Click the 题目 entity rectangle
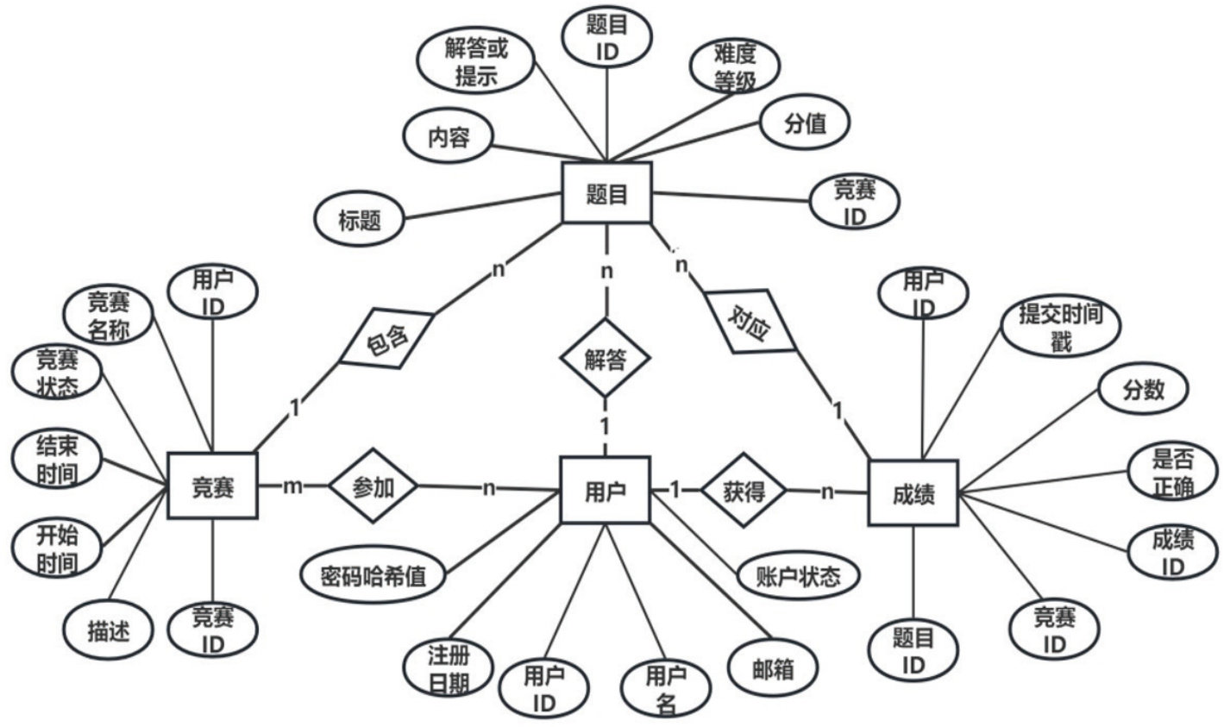pos(606,192)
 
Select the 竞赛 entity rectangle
pos(212,487)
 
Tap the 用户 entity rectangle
pos(606,490)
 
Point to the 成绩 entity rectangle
pos(913,493)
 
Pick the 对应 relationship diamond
pos(750,322)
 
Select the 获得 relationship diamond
pos(744,492)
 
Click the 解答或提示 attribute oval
pos(476,61)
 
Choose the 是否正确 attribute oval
pos(1173,473)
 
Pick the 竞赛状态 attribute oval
pos(58,373)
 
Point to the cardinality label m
pos(293,487)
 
